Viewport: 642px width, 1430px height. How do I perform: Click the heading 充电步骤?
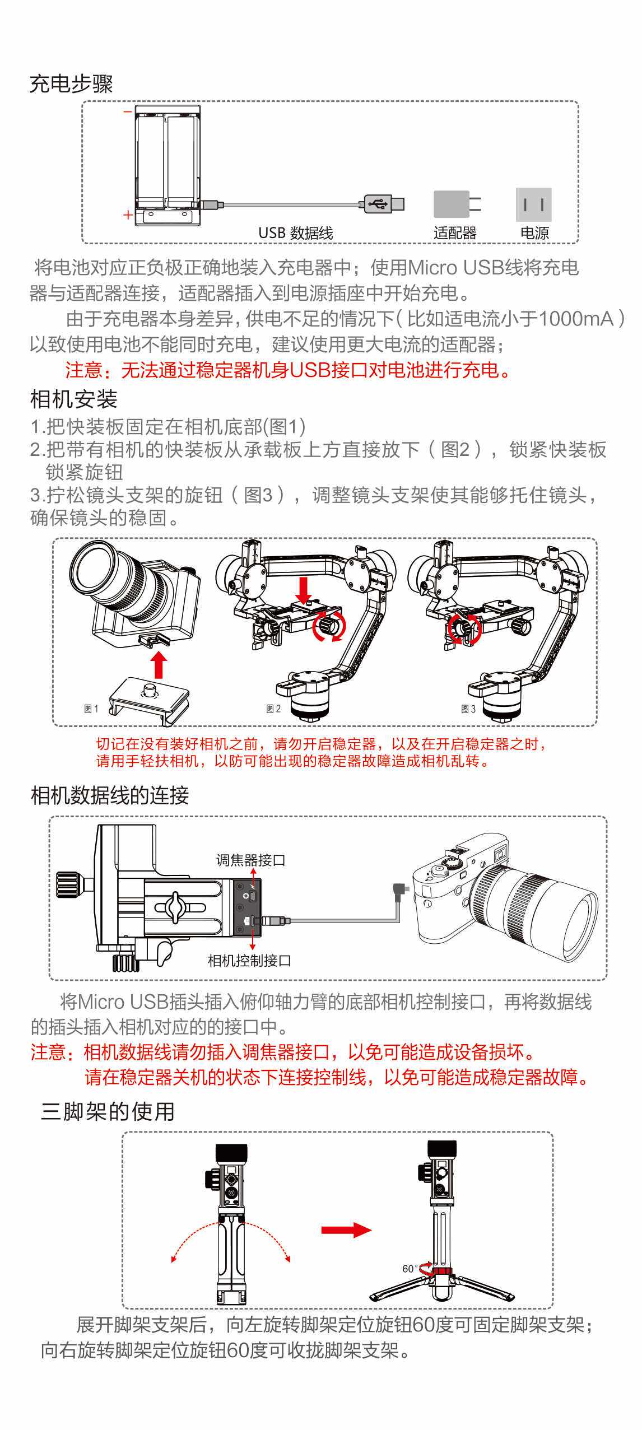pyautogui.click(x=71, y=84)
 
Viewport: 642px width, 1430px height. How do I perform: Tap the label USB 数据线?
pyautogui.click(x=295, y=232)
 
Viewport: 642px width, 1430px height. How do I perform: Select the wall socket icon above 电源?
pyautogui.click(x=533, y=204)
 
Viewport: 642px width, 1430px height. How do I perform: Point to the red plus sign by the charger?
pyautogui.click(x=128, y=215)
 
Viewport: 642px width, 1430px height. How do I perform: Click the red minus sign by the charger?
pyautogui.click(x=128, y=111)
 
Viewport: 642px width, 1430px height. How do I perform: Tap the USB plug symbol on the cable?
pyautogui.click(x=378, y=203)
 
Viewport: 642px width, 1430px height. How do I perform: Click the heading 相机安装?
pyautogui.click(x=73, y=399)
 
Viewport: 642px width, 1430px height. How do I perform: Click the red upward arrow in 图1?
pyautogui.click(x=160, y=664)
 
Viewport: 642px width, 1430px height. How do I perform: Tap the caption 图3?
pyautogui.click(x=468, y=709)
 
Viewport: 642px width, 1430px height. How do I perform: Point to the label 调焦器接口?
pyautogui.click(x=250, y=860)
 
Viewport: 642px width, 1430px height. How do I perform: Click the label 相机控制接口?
pyautogui.click(x=249, y=961)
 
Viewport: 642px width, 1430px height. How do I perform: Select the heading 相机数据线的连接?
pyautogui.click(x=110, y=795)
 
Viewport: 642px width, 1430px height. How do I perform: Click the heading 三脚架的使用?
pyautogui.click(x=108, y=1111)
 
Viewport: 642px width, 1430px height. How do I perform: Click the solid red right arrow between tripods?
pyautogui.click(x=346, y=1230)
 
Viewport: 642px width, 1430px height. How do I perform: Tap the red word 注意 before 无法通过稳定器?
pyautogui.click(x=83, y=370)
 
